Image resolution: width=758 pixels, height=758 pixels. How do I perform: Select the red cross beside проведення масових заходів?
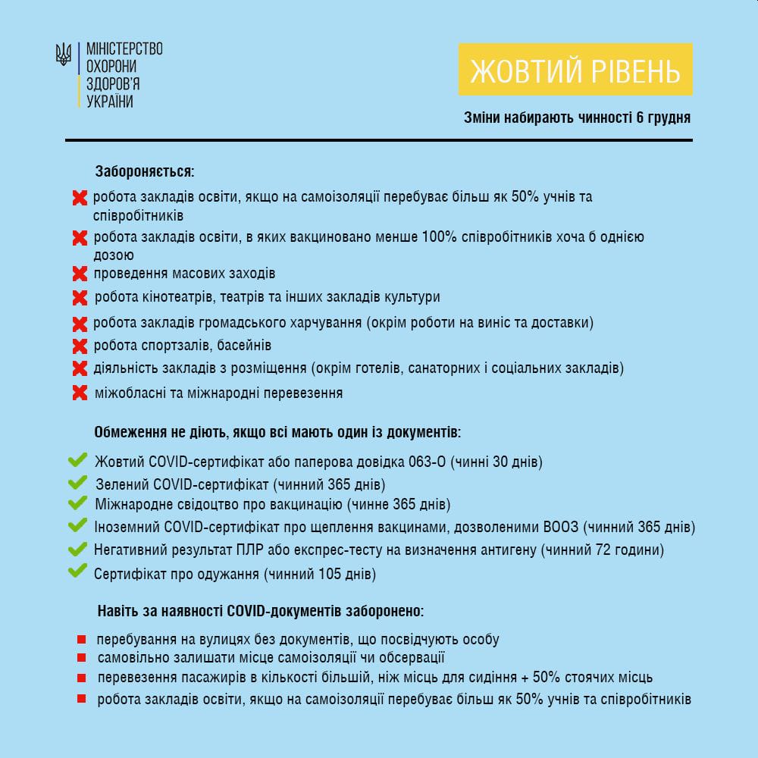pos(80,273)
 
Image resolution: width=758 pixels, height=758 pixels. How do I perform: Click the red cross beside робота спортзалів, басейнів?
pos(80,346)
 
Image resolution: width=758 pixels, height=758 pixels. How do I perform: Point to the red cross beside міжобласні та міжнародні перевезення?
pos(80,393)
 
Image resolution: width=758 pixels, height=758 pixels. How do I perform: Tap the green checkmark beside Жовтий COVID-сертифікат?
pos(77,460)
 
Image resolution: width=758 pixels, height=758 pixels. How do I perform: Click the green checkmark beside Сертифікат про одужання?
pos(77,572)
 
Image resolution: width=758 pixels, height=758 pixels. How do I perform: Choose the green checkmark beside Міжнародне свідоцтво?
pos(77,503)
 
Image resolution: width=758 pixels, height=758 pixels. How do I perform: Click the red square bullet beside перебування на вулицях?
pos(80,640)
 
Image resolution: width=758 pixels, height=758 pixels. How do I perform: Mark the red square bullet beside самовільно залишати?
pos(80,658)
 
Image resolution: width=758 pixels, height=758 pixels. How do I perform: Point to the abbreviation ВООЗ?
pos(562,527)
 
